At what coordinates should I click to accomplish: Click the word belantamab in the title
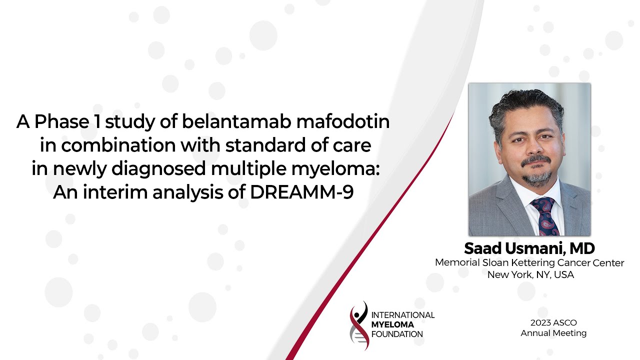(236, 121)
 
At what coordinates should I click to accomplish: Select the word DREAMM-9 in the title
(301, 192)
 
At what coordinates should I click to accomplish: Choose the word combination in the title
(118, 145)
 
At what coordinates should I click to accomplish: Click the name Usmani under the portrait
(534, 248)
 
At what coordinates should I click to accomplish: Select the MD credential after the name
(582, 248)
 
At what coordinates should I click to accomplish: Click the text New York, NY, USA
(530, 274)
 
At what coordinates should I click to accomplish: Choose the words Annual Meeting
(553, 333)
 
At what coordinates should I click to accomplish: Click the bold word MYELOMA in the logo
(392, 324)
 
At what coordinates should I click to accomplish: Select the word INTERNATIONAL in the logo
(403, 315)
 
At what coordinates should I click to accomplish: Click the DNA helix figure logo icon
(359, 325)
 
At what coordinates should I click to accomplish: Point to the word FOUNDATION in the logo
(397, 334)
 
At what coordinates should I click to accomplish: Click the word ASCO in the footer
(566, 322)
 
